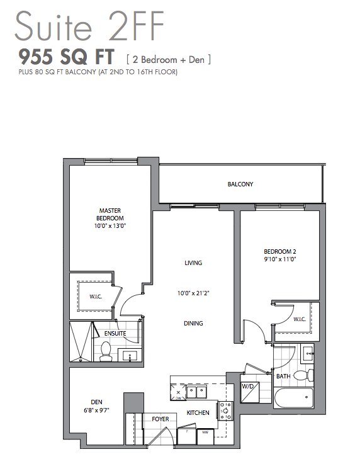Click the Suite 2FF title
(89, 26)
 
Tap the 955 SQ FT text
(66, 57)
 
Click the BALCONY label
(240, 184)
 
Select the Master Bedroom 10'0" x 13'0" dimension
(110, 226)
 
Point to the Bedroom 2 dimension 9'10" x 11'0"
(280, 259)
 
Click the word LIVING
(193, 263)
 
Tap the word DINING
(193, 323)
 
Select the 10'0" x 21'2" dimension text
(193, 293)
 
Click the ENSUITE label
(115, 333)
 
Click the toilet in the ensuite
(106, 351)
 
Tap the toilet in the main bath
(304, 376)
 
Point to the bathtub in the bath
(293, 398)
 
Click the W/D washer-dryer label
(248, 387)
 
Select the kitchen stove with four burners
(226, 411)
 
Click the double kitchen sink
(196, 392)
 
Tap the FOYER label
(160, 419)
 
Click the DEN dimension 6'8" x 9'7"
(96, 411)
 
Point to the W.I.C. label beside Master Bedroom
(96, 297)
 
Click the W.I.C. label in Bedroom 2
(300, 319)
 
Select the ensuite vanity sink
(130, 356)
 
